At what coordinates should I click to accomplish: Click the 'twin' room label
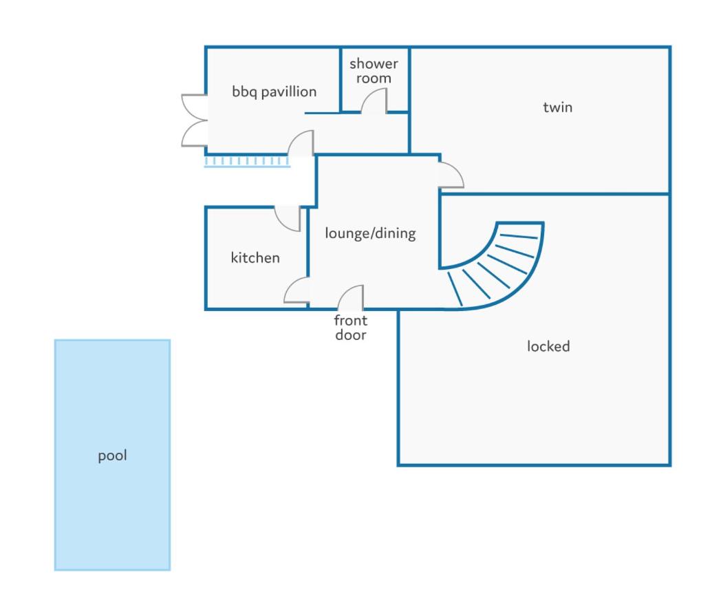557,107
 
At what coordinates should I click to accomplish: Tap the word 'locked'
548,346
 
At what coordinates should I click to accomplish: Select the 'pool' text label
113,456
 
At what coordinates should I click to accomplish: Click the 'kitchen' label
255,257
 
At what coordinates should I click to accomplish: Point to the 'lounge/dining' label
370,233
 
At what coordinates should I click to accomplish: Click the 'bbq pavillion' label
274,92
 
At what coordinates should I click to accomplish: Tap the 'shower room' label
374,71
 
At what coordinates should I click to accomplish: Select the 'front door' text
351,328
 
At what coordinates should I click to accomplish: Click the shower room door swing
374,100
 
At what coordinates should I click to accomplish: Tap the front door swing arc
351,297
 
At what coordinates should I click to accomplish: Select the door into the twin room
451,175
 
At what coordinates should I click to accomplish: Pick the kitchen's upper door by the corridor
288,218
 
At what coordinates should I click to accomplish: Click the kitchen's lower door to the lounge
296,290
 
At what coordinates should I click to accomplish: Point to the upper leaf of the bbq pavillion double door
194,107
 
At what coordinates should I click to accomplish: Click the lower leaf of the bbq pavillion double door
194,133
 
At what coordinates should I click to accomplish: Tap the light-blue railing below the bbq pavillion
247,162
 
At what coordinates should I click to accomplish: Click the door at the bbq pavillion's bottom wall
301,143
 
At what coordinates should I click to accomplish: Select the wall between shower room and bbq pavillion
341,79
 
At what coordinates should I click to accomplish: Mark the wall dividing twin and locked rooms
554,194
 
